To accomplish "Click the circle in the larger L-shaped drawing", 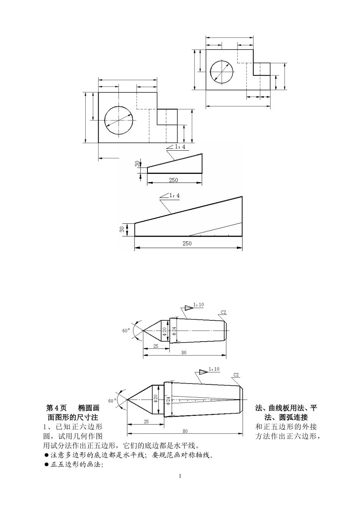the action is coord(105,120).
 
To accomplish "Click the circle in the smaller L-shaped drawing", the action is coord(210,71).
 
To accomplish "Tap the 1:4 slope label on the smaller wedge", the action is coord(180,147).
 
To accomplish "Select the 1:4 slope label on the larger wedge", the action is coord(174,195).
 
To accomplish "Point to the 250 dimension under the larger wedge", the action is coord(187,244).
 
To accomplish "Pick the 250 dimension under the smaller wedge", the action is coord(173,180).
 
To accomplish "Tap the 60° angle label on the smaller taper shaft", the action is coord(126,331).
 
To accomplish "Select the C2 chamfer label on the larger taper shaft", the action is coord(236,375).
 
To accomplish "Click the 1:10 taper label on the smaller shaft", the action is coord(199,304).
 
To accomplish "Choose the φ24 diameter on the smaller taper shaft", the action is coord(174,331).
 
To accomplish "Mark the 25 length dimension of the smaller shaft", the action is coord(156,346).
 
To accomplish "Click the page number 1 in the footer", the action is coord(180,476).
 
